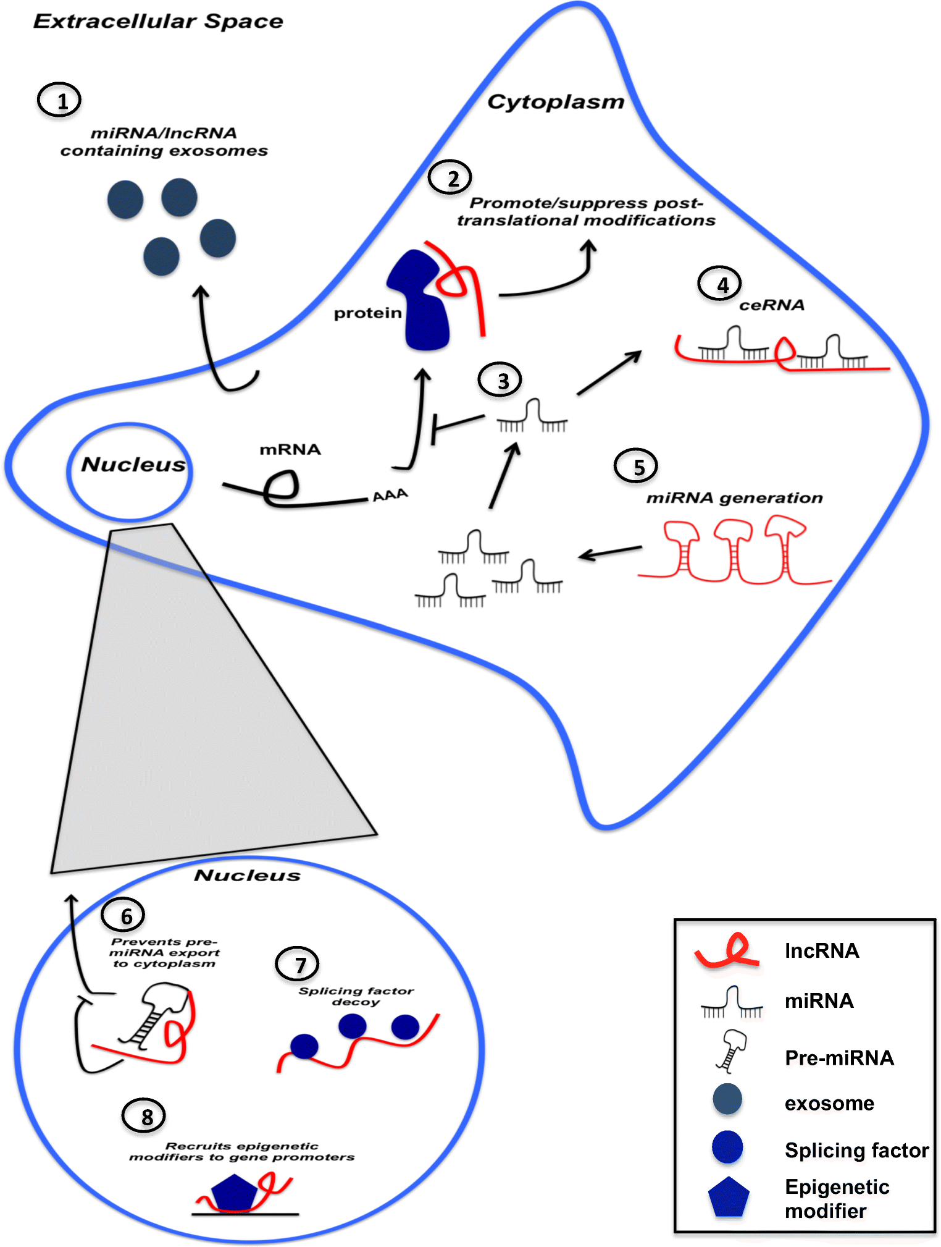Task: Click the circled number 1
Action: click(x=60, y=100)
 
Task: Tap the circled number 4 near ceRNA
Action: click(x=720, y=284)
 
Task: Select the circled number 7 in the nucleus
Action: click(x=298, y=964)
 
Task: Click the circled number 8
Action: click(x=144, y=1116)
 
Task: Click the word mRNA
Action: click(x=290, y=449)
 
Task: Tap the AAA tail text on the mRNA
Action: click(x=390, y=495)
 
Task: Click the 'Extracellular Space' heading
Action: click(x=158, y=21)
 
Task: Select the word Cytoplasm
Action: click(x=556, y=102)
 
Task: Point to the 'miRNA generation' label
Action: click(x=734, y=497)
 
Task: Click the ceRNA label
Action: click(x=772, y=305)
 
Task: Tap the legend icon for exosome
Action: click(x=727, y=1099)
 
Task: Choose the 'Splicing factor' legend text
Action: click(x=856, y=1150)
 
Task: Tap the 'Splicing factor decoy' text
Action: click(x=356, y=996)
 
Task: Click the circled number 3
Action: click(x=500, y=380)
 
